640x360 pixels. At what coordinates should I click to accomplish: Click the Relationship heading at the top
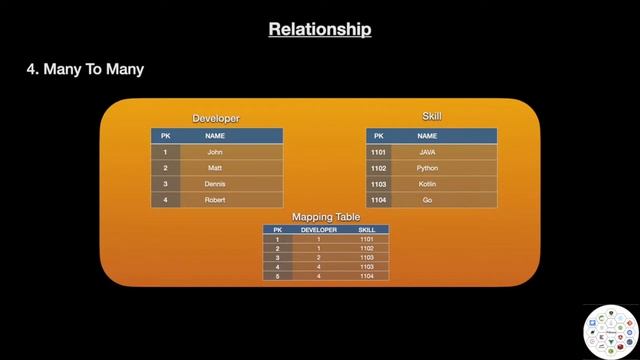[x=320, y=29]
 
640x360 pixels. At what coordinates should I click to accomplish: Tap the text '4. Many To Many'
[x=85, y=70]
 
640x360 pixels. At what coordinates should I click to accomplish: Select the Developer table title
[x=216, y=118]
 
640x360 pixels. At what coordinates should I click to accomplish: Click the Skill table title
[x=431, y=116]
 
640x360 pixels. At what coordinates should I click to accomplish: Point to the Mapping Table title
[x=326, y=217]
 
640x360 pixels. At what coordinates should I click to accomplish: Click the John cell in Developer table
[x=215, y=152]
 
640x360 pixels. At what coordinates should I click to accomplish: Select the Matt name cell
[x=215, y=168]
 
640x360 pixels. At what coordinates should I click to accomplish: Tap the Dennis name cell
[x=215, y=184]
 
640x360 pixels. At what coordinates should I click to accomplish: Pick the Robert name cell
[x=215, y=200]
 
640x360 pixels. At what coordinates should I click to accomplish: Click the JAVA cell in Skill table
[x=427, y=152]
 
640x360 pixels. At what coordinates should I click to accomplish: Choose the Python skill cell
[x=427, y=168]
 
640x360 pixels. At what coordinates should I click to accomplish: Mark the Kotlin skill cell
[x=427, y=184]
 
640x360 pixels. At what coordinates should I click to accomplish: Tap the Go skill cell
[x=427, y=200]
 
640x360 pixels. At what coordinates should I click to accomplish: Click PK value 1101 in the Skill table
[x=378, y=152]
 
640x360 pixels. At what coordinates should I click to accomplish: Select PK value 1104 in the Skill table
[x=378, y=200]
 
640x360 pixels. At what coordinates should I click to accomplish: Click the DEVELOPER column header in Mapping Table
[x=319, y=230]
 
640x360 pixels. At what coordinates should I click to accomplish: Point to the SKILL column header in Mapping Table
[x=366, y=230]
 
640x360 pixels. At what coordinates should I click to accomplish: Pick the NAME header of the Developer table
[x=215, y=135]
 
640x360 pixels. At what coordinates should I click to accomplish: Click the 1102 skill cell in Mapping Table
[x=366, y=248]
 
